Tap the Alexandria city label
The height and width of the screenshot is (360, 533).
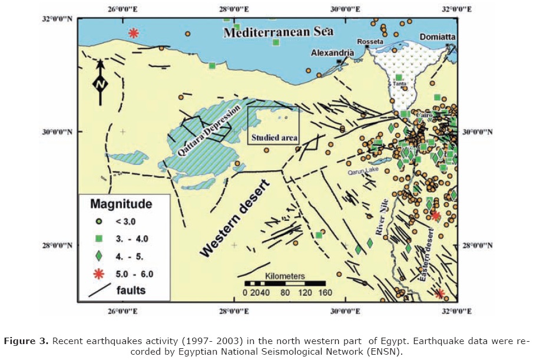point(333,53)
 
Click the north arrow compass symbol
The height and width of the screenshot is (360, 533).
point(100,82)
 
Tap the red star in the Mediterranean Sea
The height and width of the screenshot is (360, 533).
point(134,33)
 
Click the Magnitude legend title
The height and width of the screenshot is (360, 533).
point(121,204)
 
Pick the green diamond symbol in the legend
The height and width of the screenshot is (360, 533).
point(100,256)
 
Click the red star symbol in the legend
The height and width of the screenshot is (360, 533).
point(100,273)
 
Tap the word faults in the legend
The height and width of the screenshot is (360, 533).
point(131,290)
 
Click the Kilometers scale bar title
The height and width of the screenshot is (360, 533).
point(285,276)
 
